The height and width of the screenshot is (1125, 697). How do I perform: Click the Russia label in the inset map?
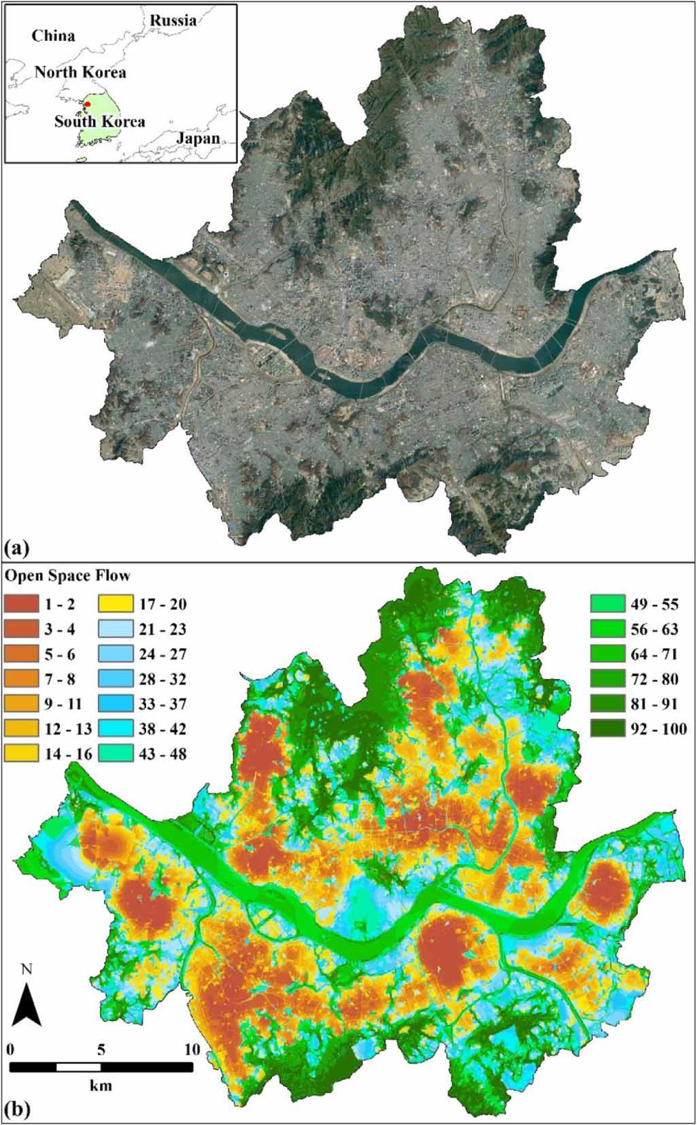pos(173,20)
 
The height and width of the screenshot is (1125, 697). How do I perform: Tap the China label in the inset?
pos(53,36)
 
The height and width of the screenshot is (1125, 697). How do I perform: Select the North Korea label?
pos(80,72)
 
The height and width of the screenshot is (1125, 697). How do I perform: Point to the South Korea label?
pos(99,122)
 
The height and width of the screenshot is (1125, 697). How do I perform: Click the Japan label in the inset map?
pos(198,139)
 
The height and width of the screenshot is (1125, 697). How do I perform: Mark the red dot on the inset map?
pos(88,104)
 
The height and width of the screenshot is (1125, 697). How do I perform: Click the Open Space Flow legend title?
pos(68,576)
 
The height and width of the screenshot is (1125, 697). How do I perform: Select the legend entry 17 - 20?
pos(163,605)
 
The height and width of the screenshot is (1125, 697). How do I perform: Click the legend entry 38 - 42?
pos(163,729)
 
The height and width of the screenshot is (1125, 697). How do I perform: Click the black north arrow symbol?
pos(27,1006)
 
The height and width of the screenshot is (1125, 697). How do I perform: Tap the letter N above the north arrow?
pos(27,969)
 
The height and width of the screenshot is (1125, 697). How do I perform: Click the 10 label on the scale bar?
pos(192,1050)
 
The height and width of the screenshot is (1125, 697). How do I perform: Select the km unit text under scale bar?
pos(101,1086)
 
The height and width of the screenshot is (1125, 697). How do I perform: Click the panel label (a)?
pos(16,547)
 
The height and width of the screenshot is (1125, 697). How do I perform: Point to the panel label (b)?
pos(17,1110)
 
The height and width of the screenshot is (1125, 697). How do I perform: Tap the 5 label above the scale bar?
pos(101,1050)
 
